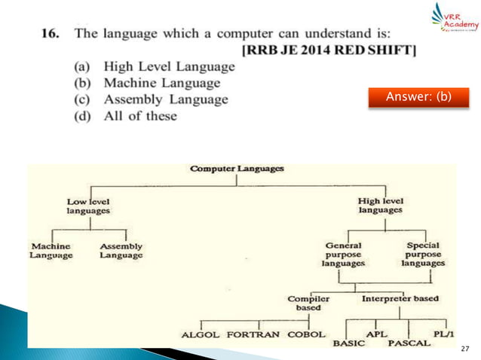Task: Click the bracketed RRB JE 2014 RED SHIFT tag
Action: pyautogui.click(x=330, y=50)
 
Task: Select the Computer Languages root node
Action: pyautogui.click(x=236, y=169)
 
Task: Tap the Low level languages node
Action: pyautogui.click(x=88, y=206)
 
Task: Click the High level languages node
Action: pyautogui.click(x=380, y=206)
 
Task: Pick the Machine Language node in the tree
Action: pyautogui.click(x=51, y=251)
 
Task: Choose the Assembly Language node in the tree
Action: pyautogui.click(x=121, y=251)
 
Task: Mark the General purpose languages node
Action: pyautogui.click(x=343, y=255)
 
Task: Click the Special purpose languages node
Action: pyautogui.click(x=423, y=255)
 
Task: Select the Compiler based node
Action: pyautogui.click(x=308, y=303)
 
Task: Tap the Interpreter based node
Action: pyautogui.click(x=400, y=298)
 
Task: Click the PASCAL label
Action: pyautogui.click(x=409, y=343)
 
